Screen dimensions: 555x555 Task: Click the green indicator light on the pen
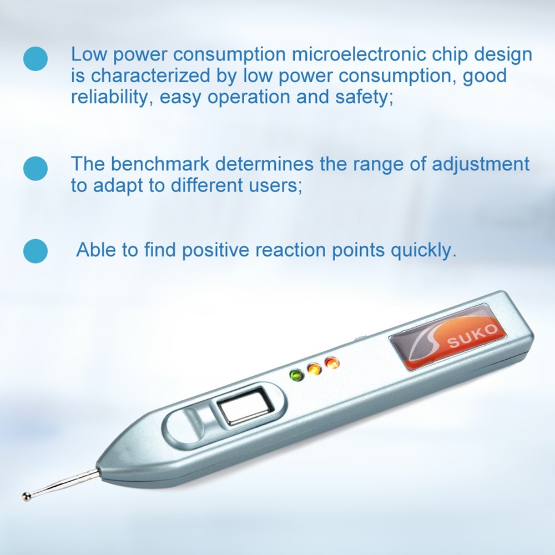pos(296,376)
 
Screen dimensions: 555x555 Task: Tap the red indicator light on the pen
pos(332,364)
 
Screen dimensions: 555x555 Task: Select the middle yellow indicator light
pos(314,370)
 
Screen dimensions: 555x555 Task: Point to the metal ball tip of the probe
pos(26,496)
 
